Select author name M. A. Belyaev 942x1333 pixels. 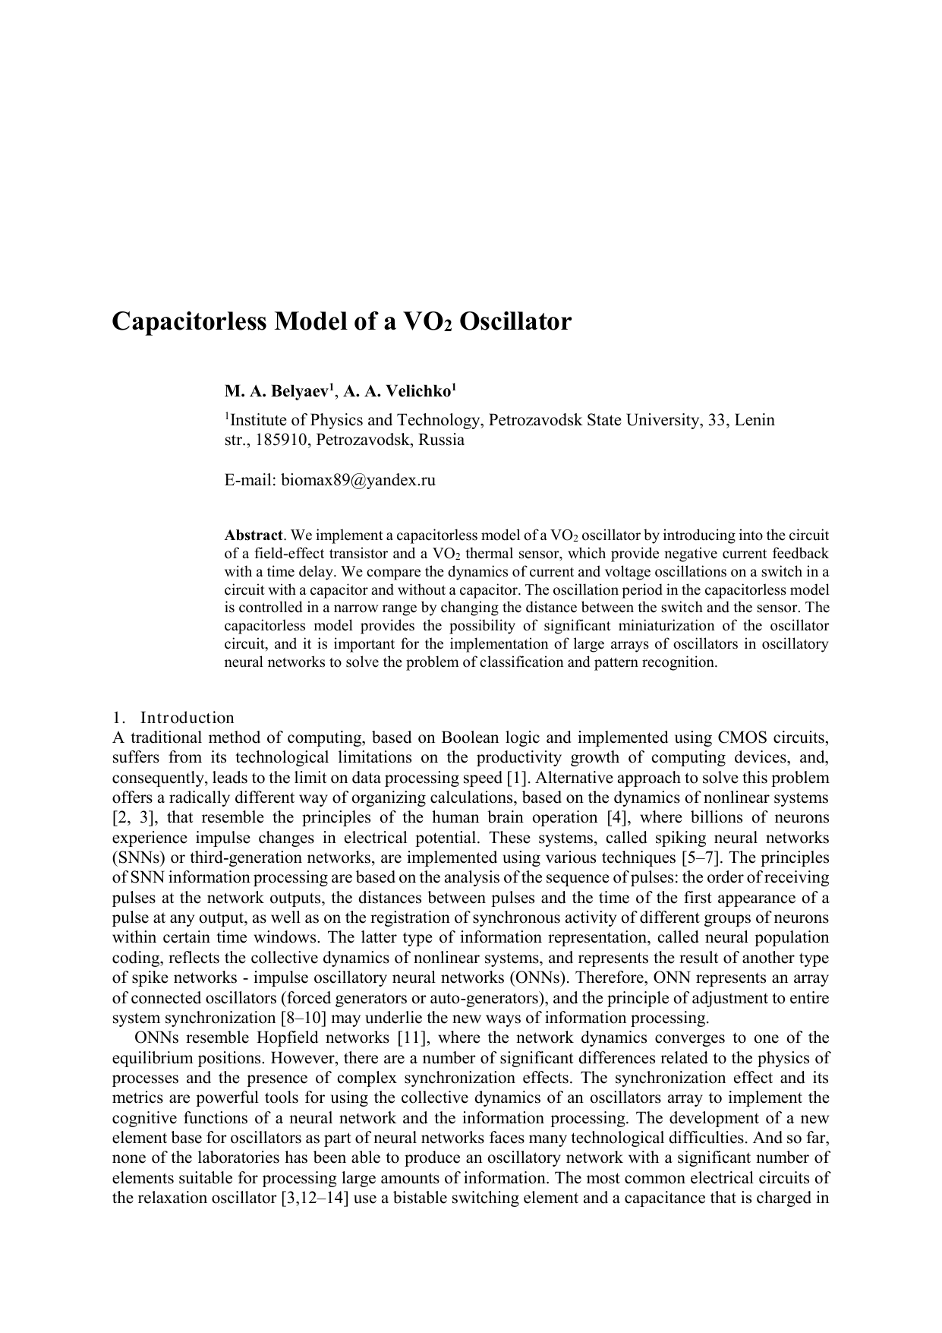coord(278,392)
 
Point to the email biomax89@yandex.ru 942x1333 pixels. coord(358,480)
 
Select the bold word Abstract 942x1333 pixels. coord(254,535)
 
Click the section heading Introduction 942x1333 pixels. coord(187,718)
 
